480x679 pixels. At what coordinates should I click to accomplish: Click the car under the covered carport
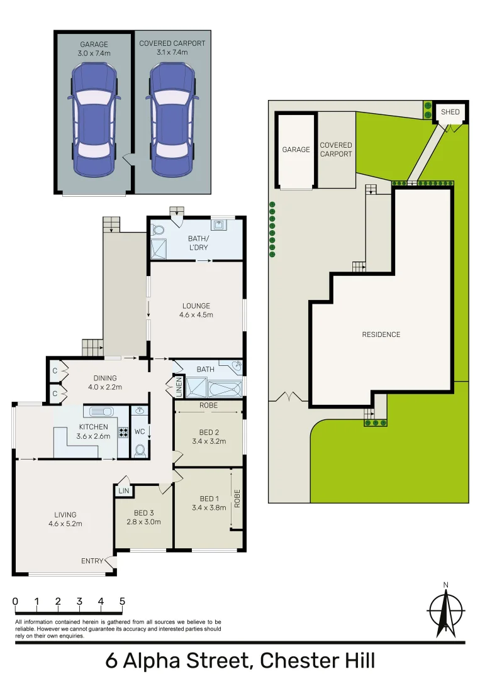click(x=172, y=119)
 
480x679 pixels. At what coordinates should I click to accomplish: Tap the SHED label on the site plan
click(x=450, y=112)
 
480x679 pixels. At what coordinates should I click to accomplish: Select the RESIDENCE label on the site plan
click(x=381, y=334)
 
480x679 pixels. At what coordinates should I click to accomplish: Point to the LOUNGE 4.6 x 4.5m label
click(x=196, y=311)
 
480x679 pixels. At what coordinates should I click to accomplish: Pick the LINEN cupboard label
click(x=179, y=387)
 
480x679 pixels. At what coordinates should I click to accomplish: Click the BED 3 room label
click(x=143, y=513)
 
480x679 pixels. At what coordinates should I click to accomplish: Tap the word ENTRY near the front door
click(x=92, y=561)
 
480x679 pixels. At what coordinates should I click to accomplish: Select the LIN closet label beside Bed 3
click(x=123, y=490)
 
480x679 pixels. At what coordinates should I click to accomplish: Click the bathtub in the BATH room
click(x=225, y=387)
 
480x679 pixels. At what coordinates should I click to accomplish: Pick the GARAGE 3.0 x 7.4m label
click(x=94, y=48)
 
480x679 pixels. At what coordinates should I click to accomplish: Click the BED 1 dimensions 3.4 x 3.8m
click(x=208, y=508)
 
